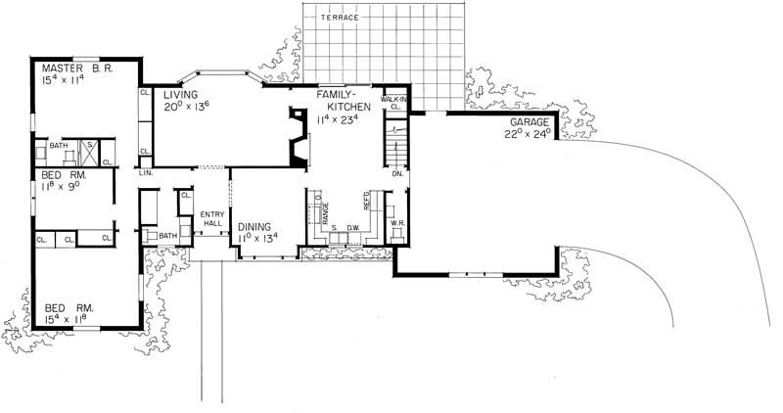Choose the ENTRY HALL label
(x=212, y=220)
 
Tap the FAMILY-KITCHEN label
(x=340, y=101)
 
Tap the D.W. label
(x=352, y=228)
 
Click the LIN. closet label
(x=145, y=172)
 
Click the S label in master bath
(x=89, y=147)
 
